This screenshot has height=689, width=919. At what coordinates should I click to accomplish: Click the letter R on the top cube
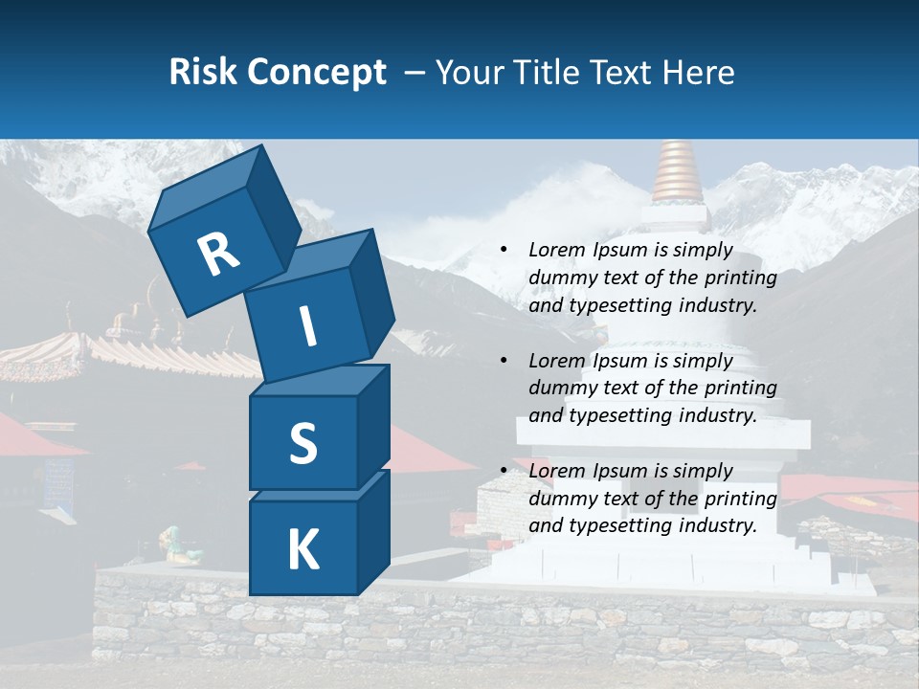pos(218,254)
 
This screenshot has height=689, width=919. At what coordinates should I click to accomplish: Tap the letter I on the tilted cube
pos(307,326)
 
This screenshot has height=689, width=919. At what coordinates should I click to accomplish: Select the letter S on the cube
pos(303,443)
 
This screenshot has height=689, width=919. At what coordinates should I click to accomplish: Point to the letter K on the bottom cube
pos(303,549)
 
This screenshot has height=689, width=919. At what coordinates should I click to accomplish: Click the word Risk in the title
pos(203,72)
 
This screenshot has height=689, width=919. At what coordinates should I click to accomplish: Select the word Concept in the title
pos(317,72)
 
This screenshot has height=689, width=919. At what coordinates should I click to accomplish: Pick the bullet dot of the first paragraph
pos(504,251)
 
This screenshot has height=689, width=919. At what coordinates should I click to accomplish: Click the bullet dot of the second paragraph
pos(504,361)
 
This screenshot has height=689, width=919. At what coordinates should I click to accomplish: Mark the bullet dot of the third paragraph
pos(504,471)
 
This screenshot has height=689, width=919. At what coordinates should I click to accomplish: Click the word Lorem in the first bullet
pos(555,250)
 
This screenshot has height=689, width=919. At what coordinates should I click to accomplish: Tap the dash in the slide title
pos(415,72)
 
